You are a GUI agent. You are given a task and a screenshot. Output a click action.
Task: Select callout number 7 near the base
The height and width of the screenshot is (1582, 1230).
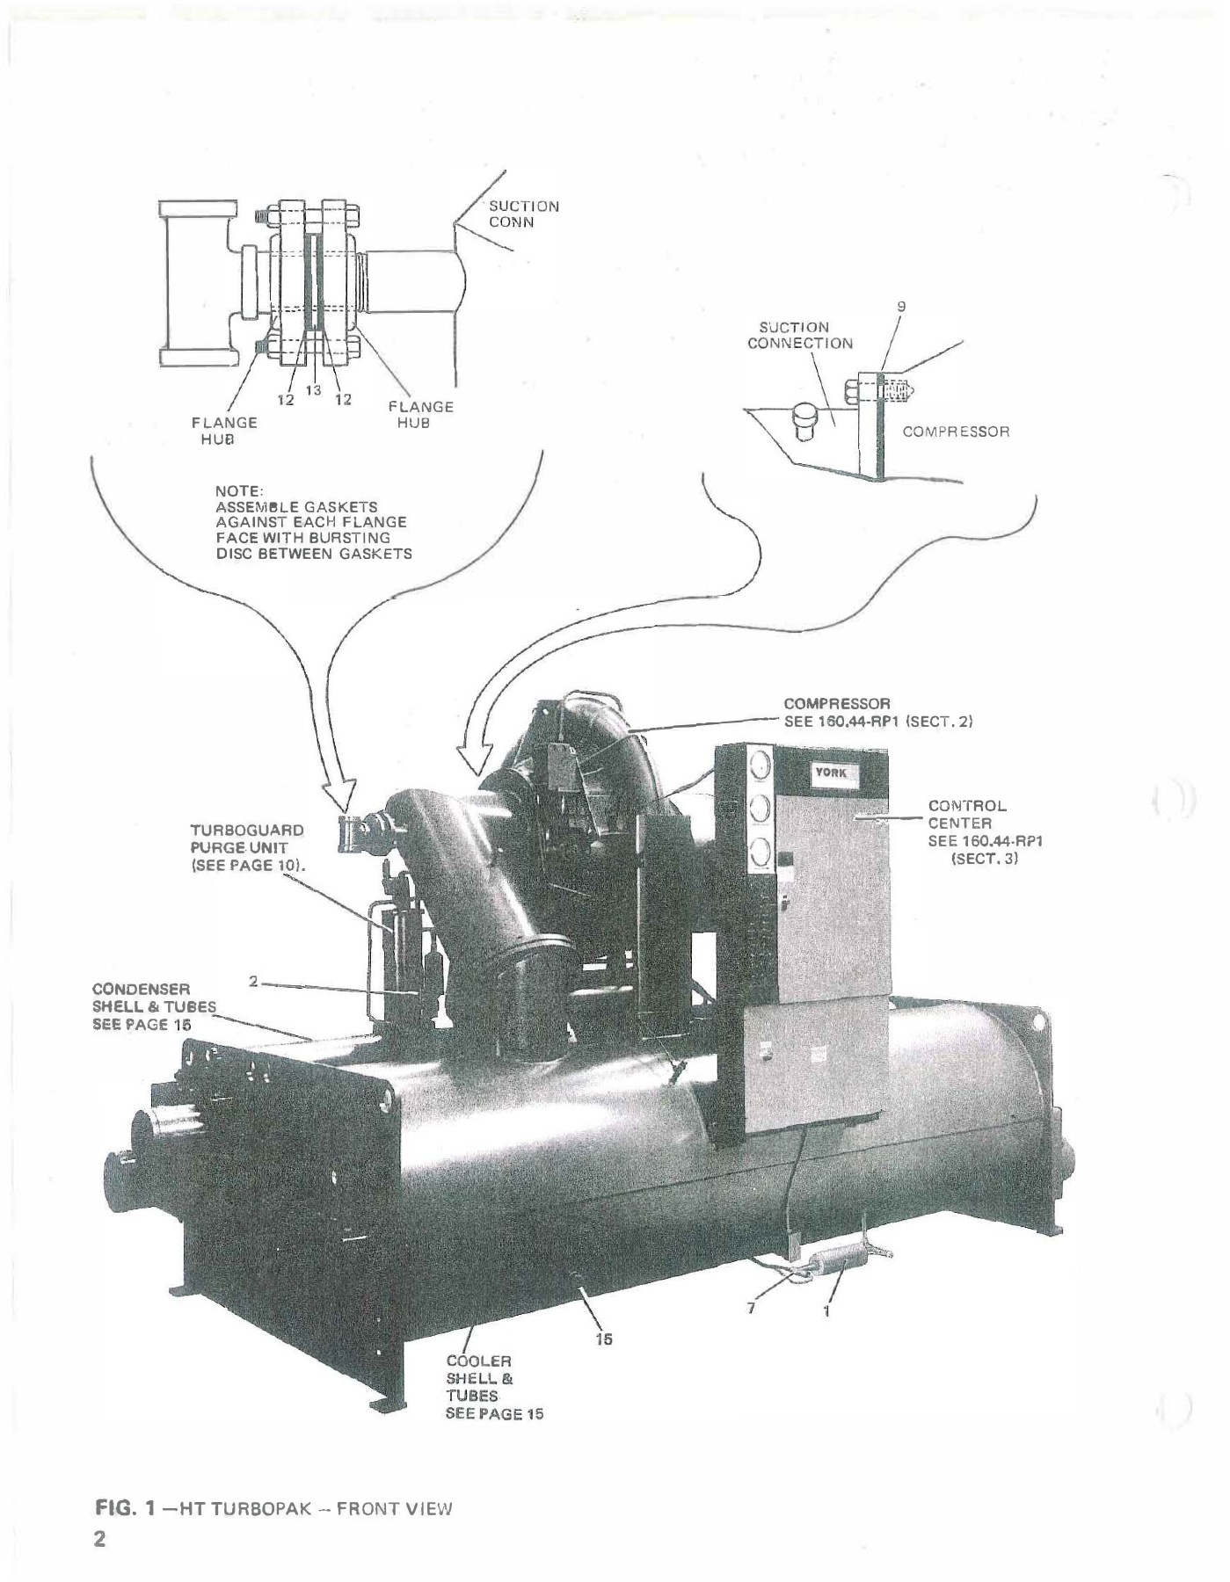coord(751,1308)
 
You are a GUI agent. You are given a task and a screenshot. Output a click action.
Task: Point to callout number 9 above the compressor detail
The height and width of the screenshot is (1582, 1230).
coord(901,306)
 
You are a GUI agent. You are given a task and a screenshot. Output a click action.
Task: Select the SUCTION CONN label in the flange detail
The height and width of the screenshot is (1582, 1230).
coord(523,214)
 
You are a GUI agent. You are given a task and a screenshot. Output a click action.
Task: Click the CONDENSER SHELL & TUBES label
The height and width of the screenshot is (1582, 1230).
coord(153,1006)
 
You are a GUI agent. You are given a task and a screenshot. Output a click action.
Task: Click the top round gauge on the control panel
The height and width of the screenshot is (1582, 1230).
coord(761,766)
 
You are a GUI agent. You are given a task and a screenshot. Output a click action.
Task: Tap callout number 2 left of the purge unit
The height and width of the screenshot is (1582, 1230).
coord(253,981)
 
